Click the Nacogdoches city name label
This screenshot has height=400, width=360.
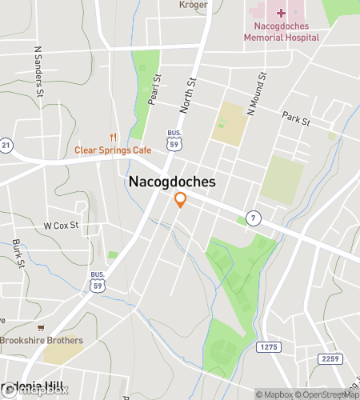172,182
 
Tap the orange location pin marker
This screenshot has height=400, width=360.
181,200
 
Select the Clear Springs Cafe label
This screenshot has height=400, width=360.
113,150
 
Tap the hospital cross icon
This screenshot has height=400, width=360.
282,12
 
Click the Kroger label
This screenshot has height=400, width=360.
194,5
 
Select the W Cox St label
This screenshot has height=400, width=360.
62,226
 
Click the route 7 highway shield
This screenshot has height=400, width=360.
253,217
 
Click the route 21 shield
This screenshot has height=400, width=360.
5,145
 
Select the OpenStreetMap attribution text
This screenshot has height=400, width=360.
327,394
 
